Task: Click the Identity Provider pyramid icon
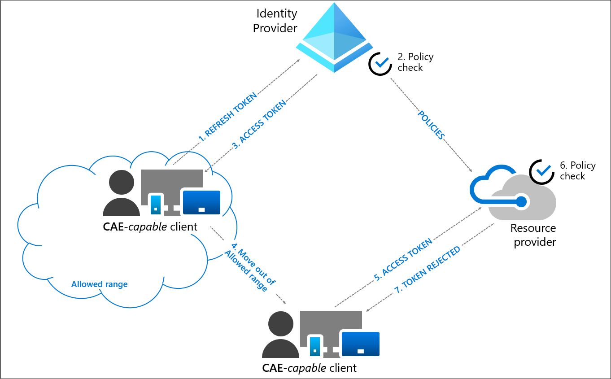pos(334,38)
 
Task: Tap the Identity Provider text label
pos(275,21)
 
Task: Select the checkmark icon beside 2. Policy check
pos(380,63)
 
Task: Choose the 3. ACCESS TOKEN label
pos(259,125)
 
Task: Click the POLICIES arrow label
pos(431,124)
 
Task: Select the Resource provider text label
pos(534,235)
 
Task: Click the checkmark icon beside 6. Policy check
pos(541,172)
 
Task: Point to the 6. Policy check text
pos(577,170)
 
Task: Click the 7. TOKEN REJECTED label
pos(427,270)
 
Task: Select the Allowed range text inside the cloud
pos(99,284)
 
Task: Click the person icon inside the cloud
pos(121,193)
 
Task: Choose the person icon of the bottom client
pos(280,335)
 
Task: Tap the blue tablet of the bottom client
pos(361,344)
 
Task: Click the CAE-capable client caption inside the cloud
pos(150,227)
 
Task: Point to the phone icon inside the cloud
pos(155,204)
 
